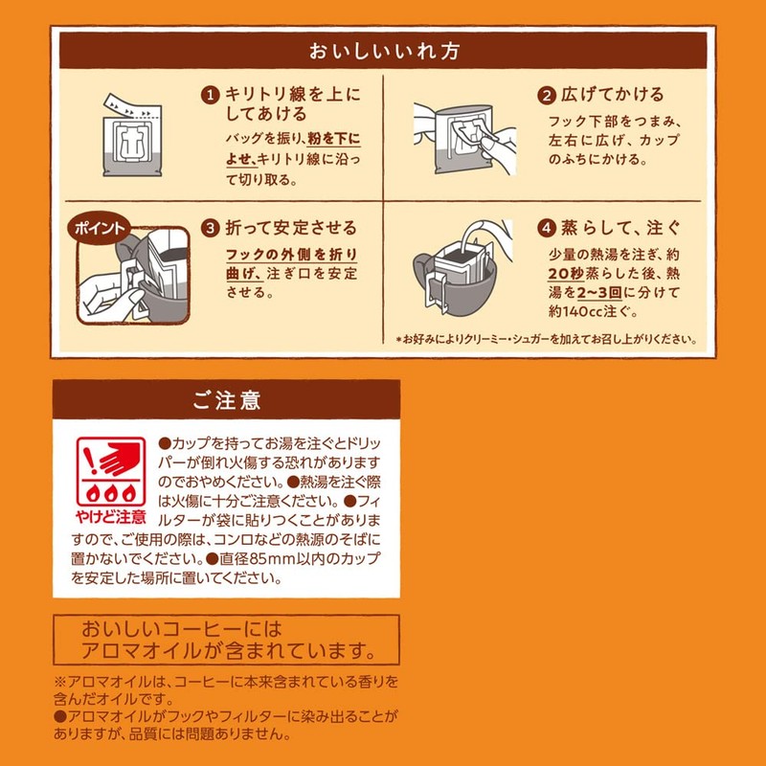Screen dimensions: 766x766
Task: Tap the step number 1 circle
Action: click(210, 96)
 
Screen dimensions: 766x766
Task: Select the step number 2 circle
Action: click(546, 96)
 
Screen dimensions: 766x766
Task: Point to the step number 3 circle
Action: click(210, 229)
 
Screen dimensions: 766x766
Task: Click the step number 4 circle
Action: click(546, 229)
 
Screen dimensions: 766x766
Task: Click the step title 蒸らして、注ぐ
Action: click(622, 229)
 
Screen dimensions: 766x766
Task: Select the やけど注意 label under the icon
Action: click(111, 516)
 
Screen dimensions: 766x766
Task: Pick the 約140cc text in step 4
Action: click(581, 311)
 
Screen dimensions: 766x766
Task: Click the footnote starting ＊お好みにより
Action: click(545, 339)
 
